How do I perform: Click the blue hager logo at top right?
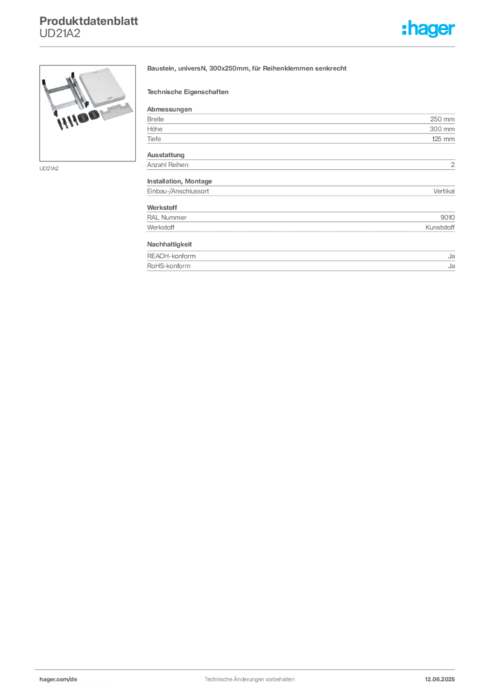[x=430, y=30]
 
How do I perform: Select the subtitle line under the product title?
[x=190, y=91]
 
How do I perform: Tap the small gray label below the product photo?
[x=48, y=167]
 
